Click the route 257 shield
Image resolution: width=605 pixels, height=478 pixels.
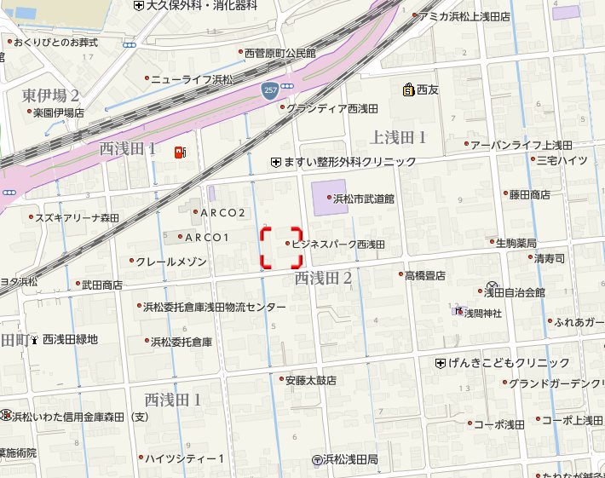pyautogui.click(x=270, y=89)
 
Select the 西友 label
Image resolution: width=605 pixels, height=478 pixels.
pyautogui.click(x=426, y=89)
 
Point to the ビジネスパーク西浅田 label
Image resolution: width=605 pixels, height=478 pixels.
pyautogui.click(x=338, y=244)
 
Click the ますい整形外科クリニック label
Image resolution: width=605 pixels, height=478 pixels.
pyautogui.click(x=349, y=162)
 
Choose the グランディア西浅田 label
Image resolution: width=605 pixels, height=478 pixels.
pyautogui.click(x=331, y=108)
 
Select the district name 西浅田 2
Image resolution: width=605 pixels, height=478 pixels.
pyautogui.click(x=323, y=278)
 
